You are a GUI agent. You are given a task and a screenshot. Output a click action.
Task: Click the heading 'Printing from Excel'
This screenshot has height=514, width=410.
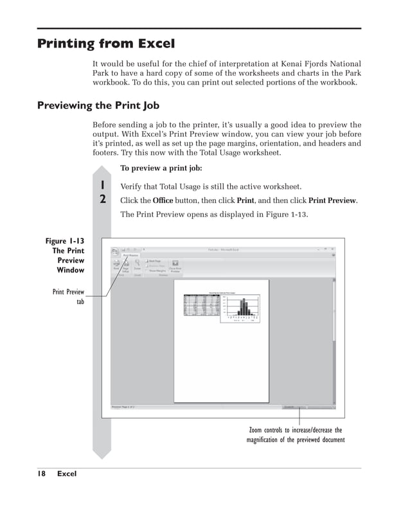pyautogui.click(x=106, y=44)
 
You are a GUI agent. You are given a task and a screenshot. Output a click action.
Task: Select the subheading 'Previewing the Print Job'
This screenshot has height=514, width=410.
pyautogui.click(x=98, y=105)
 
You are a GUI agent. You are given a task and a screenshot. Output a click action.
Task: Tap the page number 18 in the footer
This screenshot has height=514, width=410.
pyautogui.click(x=41, y=474)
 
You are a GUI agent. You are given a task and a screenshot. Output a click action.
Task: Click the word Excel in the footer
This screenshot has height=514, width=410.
pyautogui.click(x=66, y=474)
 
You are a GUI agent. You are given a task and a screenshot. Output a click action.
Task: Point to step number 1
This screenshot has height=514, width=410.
pyautogui.click(x=102, y=186)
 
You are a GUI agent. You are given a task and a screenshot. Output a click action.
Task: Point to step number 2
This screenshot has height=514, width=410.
pyautogui.click(x=102, y=199)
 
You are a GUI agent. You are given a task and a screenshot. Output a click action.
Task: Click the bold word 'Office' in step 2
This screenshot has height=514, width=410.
pyautogui.click(x=163, y=200)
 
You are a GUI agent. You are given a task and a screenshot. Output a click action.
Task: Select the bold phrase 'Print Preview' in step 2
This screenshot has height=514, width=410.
pyautogui.click(x=332, y=200)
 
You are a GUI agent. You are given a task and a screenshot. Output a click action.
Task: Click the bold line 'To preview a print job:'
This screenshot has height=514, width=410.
pyautogui.click(x=161, y=168)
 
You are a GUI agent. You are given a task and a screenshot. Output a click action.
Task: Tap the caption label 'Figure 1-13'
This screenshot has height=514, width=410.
pyautogui.click(x=64, y=241)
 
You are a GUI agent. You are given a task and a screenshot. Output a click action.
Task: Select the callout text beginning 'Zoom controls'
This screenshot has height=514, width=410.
pyautogui.click(x=296, y=435)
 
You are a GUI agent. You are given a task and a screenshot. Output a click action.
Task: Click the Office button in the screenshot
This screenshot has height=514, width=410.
pyautogui.click(x=116, y=251)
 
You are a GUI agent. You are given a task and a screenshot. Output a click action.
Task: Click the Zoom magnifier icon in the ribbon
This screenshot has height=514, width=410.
pyautogui.click(x=138, y=263)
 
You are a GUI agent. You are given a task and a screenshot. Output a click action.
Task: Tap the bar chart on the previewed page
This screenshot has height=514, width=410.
pyautogui.click(x=241, y=308)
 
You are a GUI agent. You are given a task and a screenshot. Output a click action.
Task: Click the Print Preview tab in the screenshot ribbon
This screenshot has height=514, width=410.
pyautogui.click(x=130, y=255)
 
